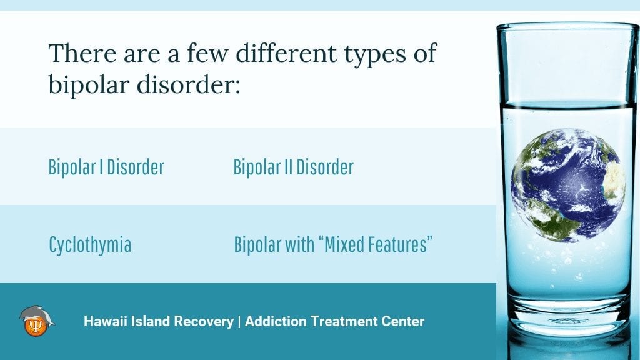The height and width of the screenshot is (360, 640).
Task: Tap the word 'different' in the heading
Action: [x=286, y=53]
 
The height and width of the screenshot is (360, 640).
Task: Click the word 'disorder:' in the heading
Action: [x=189, y=84]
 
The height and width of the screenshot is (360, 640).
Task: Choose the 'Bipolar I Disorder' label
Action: [x=106, y=167]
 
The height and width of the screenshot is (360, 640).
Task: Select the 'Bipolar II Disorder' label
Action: [x=294, y=167]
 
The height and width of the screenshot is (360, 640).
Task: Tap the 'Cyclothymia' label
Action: [x=90, y=245]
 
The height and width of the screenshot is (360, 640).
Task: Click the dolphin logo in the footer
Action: [x=36, y=321]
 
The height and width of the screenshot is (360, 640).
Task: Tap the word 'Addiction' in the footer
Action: [x=276, y=321]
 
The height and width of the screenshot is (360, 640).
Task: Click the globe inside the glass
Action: [x=567, y=185]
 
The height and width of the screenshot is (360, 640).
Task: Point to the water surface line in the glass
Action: [x=567, y=106]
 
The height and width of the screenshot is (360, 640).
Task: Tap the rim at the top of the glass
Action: [x=567, y=26]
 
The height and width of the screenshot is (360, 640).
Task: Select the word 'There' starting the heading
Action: [x=82, y=53]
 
